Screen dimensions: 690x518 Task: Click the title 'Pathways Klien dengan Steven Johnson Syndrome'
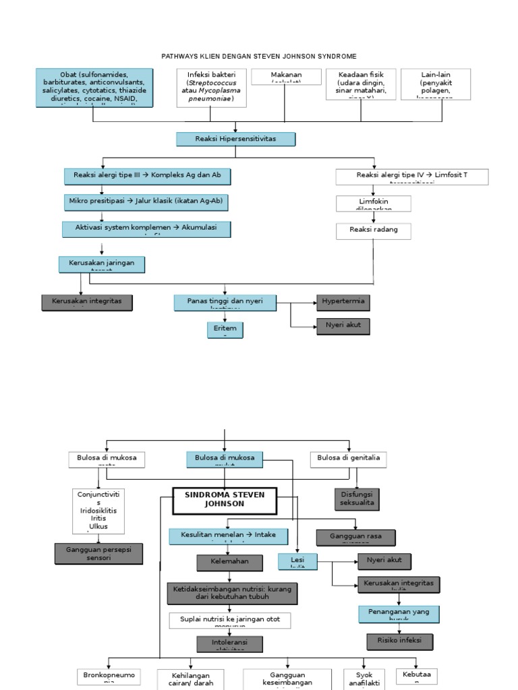pos(259,56)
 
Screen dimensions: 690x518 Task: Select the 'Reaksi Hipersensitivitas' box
pos(236,139)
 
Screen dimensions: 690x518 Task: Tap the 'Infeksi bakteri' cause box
pos(212,88)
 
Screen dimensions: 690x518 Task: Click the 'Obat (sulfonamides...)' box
pos(94,88)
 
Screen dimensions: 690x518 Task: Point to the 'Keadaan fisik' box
pos(361,84)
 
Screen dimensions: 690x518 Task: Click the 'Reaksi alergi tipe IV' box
pos(412,177)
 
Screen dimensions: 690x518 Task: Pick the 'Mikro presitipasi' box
pos(147,201)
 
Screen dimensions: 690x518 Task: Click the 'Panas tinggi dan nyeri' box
pos(225,303)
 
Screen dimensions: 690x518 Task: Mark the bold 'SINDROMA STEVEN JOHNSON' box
pos(225,501)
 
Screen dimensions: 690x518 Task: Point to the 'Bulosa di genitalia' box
pos(349,460)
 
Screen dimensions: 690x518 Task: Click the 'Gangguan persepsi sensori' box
pos(98,553)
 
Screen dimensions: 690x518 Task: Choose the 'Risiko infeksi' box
pos(399,641)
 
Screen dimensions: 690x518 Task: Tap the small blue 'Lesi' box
pos(297,561)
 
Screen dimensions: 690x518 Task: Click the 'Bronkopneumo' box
pos(109,677)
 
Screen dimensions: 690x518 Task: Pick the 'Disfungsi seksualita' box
pos(357,499)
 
